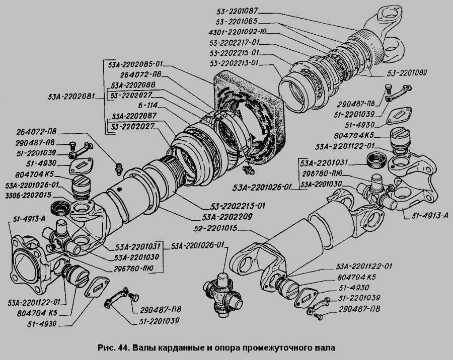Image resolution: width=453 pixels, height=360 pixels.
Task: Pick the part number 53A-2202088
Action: tap(134, 85)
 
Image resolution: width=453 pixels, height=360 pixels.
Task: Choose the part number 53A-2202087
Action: tap(134, 115)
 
